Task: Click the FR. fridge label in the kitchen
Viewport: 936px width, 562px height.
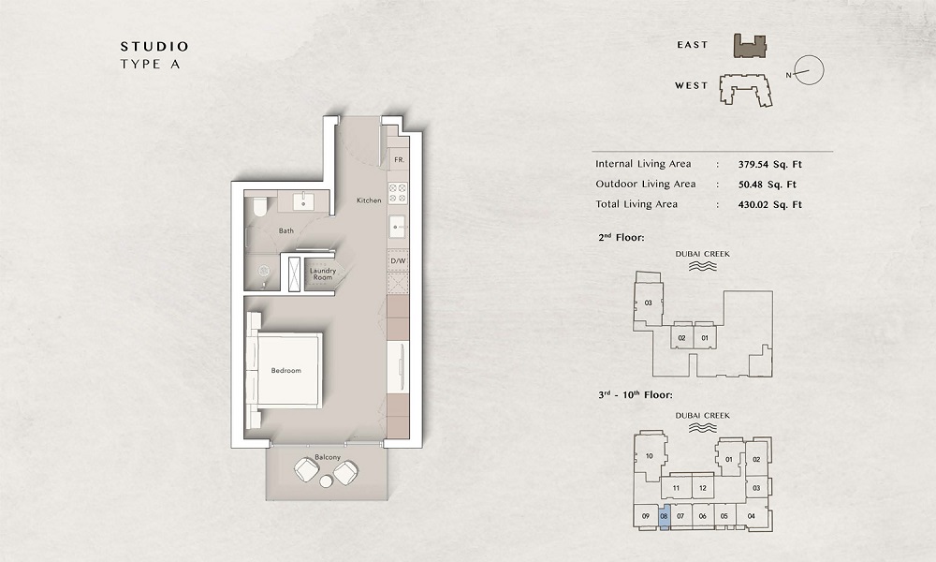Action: (399, 160)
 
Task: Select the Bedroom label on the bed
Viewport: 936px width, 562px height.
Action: (285, 371)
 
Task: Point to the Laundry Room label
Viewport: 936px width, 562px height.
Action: (322, 274)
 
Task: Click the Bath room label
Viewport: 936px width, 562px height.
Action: (286, 230)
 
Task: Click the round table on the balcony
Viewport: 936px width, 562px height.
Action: (326, 481)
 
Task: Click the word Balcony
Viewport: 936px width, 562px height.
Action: (328, 457)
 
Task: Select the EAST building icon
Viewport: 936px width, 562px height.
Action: (750, 45)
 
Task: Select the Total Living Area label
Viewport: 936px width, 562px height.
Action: (636, 204)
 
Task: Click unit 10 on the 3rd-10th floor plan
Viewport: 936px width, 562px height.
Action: (649, 457)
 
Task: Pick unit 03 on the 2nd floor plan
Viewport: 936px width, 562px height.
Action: (647, 303)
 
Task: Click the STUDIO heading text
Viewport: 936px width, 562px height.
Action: (154, 46)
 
